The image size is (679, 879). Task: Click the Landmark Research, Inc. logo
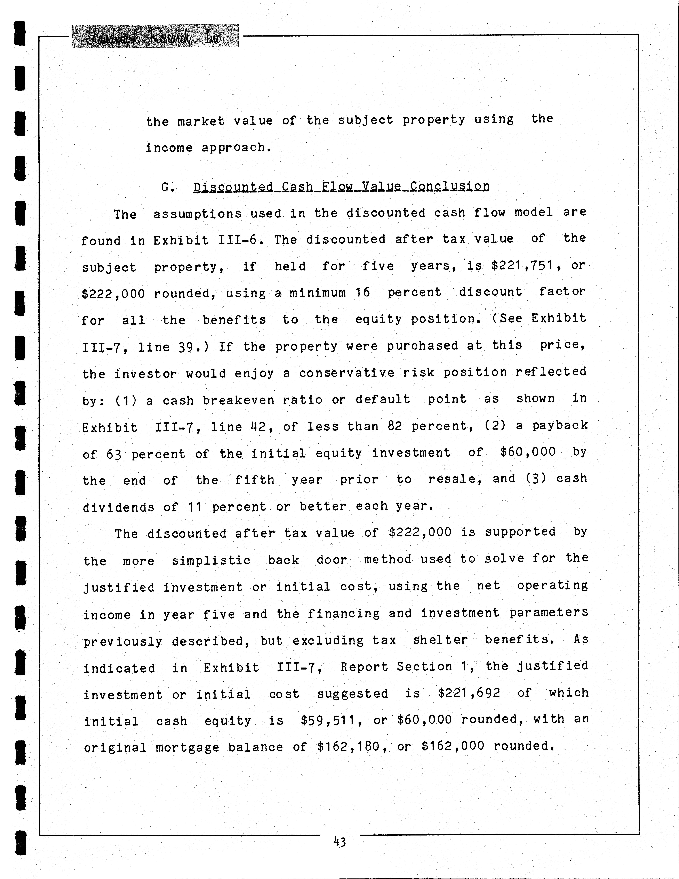pyautogui.click(x=155, y=36)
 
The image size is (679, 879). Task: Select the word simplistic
pyautogui.click(x=211, y=560)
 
